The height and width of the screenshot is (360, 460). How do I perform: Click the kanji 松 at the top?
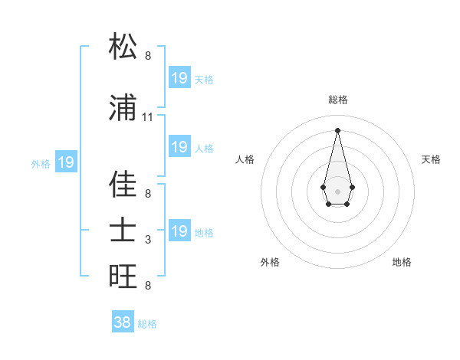point(123,47)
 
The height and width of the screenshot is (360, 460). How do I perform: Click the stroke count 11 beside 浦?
point(148,117)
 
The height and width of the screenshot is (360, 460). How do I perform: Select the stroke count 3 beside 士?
point(148,240)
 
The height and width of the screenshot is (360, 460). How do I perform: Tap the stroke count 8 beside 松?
point(148,56)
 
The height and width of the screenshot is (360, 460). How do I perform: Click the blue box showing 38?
point(123,322)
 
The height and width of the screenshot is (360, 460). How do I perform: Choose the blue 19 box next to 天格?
point(179,78)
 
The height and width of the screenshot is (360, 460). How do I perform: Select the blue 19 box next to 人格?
point(179,147)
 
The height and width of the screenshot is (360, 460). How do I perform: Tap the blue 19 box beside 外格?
point(66,162)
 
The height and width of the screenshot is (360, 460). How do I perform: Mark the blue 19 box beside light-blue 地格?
point(179,231)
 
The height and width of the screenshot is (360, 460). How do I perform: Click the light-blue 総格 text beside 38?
point(147,324)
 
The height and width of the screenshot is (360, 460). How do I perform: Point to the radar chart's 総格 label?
point(338,100)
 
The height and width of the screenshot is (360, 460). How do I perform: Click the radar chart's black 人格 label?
point(245,159)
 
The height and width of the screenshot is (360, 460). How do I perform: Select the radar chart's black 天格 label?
point(431,159)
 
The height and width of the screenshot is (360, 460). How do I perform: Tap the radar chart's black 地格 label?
point(402,262)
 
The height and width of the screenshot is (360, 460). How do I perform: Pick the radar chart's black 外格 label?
point(270,262)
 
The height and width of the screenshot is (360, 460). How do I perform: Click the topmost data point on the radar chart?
point(337,130)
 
